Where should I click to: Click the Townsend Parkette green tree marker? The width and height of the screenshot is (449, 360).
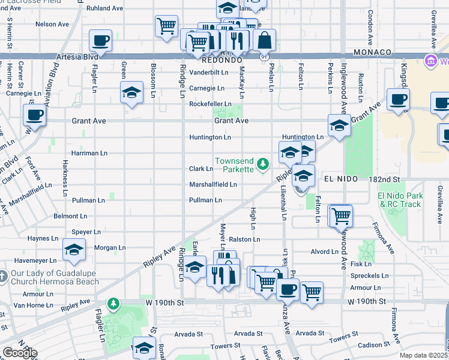(262, 163)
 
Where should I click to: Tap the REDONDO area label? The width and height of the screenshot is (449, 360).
(221, 61)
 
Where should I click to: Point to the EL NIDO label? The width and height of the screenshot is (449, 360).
(341, 179)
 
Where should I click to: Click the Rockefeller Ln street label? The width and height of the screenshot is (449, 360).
(210, 104)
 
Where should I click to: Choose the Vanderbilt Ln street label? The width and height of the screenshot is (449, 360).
(209, 72)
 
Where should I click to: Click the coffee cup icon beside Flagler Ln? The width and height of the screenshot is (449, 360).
(101, 41)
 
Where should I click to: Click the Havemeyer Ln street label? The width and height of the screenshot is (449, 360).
(35, 261)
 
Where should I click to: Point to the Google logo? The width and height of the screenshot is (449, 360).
(20, 353)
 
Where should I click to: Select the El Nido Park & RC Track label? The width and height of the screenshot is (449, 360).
(401, 200)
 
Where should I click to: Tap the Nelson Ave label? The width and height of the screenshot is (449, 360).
(52, 24)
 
